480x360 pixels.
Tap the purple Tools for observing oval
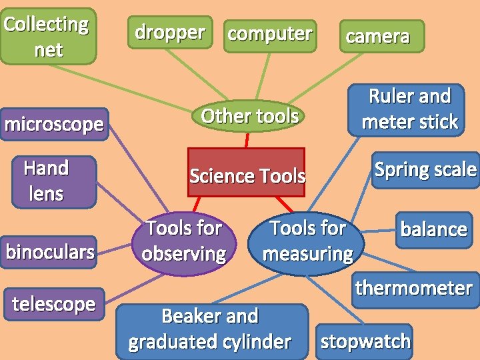point(183,241)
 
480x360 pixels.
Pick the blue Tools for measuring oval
point(307,241)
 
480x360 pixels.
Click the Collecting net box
point(47,36)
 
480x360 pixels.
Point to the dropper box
point(169,32)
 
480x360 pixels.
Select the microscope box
point(54,124)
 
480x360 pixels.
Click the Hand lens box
point(46,181)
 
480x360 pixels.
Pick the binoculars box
point(49,252)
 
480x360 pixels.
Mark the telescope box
point(53,304)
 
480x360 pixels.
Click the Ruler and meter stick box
point(409,109)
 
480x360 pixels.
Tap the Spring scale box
point(425,170)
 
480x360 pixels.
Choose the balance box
point(433,229)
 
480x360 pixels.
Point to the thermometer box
point(414,289)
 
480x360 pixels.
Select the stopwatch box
point(365,341)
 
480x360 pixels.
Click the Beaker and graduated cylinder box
point(211,329)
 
